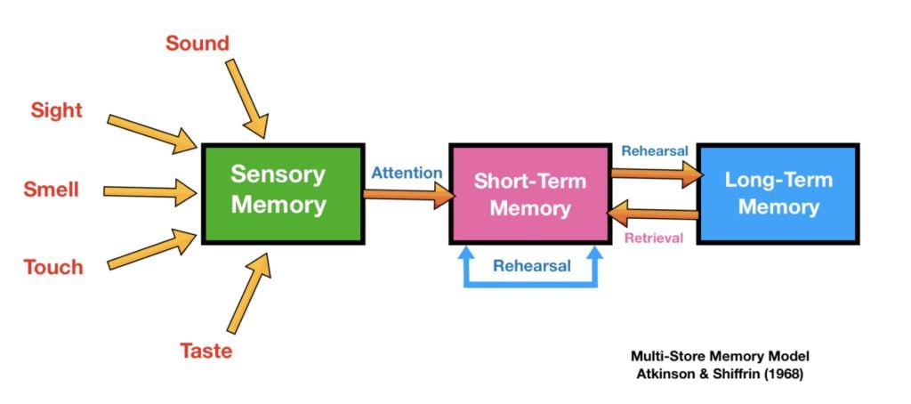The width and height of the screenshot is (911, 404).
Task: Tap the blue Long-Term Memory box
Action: click(x=778, y=193)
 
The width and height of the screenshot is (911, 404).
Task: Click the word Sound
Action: click(x=197, y=43)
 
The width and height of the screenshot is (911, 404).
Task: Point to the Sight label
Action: click(x=56, y=111)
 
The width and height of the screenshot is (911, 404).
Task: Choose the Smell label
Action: click(x=52, y=190)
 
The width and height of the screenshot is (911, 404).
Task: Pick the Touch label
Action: click(x=53, y=267)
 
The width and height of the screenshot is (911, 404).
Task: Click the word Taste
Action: click(x=206, y=351)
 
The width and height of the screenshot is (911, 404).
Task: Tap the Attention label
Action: click(x=407, y=173)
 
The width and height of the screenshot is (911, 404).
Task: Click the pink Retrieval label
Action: click(x=653, y=238)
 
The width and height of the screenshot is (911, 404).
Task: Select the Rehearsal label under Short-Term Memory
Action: click(x=531, y=265)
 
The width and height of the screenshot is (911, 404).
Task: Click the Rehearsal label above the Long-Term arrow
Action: click(x=655, y=151)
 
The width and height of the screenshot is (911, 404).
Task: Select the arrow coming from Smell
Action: click(x=149, y=190)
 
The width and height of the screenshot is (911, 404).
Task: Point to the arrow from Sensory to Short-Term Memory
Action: click(x=407, y=196)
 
